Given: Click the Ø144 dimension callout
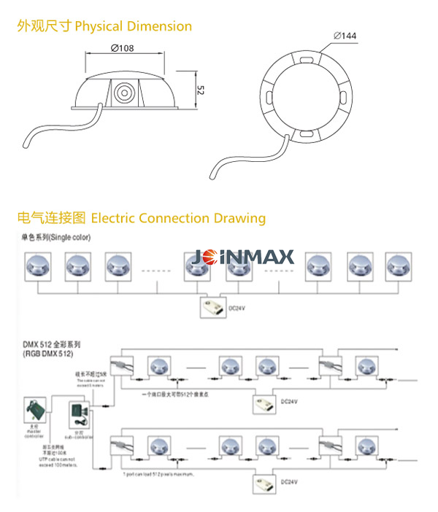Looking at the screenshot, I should click(x=345, y=35).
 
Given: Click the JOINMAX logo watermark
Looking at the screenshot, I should click(x=244, y=257).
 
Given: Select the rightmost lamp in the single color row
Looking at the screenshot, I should click(x=399, y=267).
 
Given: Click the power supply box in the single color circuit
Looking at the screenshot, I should click(x=212, y=307).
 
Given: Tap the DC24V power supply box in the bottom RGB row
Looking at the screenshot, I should click(x=264, y=483).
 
